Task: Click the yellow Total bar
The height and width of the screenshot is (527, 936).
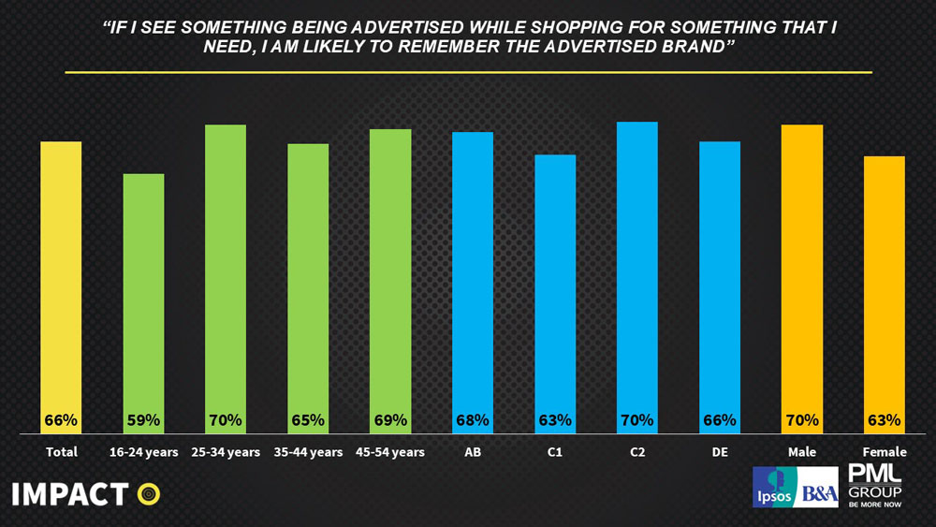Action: [x=61, y=281]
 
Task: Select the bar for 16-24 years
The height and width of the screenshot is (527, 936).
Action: [x=143, y=300]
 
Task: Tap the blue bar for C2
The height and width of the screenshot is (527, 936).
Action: [x=637, y=271]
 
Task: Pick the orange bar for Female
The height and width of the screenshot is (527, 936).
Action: [x=885, y=290]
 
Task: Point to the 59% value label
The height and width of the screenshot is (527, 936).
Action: [x=143, y=420]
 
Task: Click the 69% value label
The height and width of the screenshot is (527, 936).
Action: [x=390, y=420]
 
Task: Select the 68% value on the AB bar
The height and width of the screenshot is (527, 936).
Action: [x=473, y=420]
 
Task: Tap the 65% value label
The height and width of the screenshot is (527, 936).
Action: [x=308, y=420]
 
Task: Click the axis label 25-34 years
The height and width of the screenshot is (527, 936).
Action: [x=226, y=453]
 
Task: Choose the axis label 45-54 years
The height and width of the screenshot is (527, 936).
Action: [x=390, y=453]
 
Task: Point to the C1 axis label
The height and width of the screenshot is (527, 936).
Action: [x=555, y=453]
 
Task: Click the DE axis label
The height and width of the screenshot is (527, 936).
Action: [x=720, y=453]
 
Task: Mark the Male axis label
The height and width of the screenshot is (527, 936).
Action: [x=802, y=453]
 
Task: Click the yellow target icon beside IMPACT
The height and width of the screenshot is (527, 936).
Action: [x=148, y=493]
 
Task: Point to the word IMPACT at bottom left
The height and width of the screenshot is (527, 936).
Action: [x=70, y=493]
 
